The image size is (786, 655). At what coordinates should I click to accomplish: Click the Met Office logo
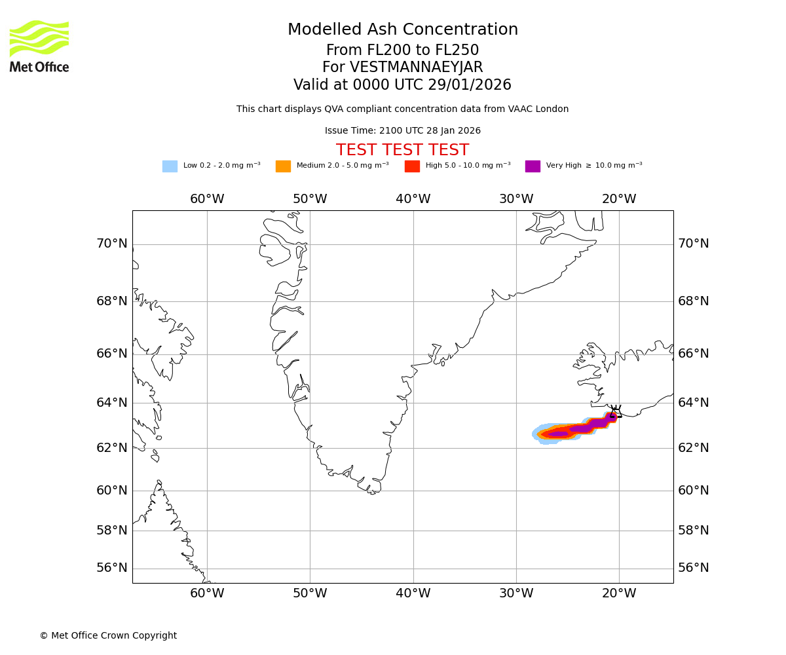tap(39, 46)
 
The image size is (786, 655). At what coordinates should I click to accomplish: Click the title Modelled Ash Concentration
tap(403, 30)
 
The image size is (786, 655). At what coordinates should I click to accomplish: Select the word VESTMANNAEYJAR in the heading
tap(417, 67)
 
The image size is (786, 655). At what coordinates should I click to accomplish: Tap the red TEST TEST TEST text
tap(402, 151)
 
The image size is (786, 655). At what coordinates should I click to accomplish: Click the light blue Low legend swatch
tap(170, 166)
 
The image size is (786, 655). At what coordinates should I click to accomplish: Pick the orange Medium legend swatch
tap(283, 166)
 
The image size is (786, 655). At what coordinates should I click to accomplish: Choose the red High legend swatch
tap(412, 166)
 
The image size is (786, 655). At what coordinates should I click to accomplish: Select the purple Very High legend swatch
tap(533, 166)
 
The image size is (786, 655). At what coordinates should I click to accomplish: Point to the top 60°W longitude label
tap(207, 199)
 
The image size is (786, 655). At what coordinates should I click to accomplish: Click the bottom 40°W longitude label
tap(413, 593)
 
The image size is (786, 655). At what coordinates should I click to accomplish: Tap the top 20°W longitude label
tap(619, 199)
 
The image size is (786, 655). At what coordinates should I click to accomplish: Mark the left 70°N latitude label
tap(112, 244)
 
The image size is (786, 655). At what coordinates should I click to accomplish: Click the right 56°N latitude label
tap(694, 568)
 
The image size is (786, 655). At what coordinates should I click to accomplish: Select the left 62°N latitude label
tap(112, 448)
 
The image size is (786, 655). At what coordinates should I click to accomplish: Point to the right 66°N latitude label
tap(694, 354)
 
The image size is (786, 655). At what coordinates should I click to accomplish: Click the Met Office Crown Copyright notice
tap(108, 636)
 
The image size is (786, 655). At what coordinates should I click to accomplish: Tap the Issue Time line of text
tap(403, 131)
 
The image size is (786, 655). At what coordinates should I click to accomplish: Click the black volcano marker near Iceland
tap(615, 411)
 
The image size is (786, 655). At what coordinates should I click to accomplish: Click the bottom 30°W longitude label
tap(516, 593)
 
